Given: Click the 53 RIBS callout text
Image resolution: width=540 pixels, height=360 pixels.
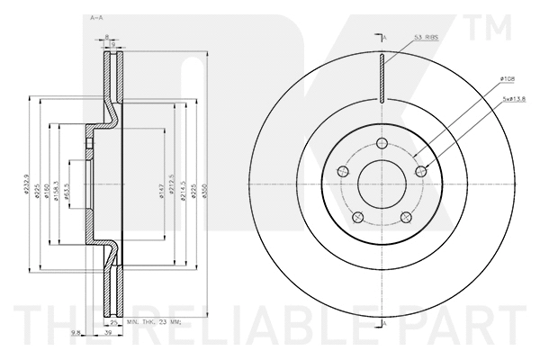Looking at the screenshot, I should (x=426, y=37).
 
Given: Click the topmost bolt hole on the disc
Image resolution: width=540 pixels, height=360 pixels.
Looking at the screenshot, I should (x=382, y=145).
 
